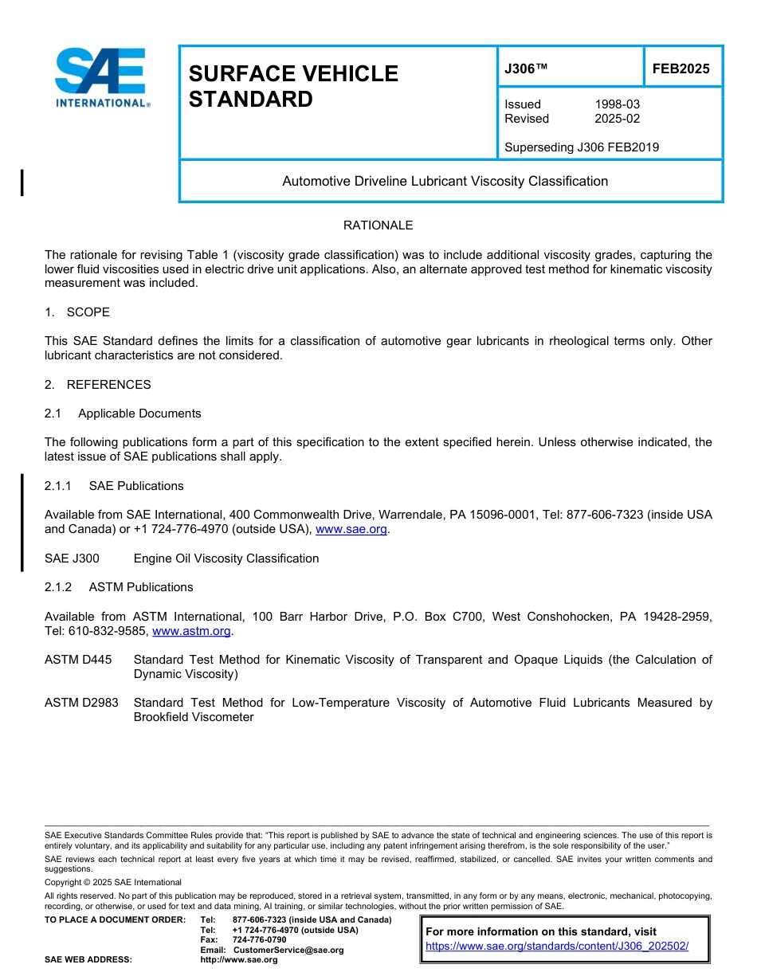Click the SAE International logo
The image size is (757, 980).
click(101, 78)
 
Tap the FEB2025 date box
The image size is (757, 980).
click(681, 69)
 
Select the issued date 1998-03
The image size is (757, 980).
click(617, 104)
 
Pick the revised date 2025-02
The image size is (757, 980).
click(617, 119)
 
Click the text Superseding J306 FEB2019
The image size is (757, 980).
click(582, 147)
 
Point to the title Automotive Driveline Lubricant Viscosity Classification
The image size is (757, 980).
click(445, 181)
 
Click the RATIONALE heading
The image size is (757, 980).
click(378, 225)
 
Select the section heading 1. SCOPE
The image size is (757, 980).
click(77, 312)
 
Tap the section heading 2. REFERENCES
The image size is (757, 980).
click(97, 384)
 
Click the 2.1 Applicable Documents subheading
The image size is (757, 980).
click(123, 414)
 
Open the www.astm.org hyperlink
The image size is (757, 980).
click(191, 631)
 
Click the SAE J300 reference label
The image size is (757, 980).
click(72, 559)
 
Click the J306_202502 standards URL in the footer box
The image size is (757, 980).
click(557, 947)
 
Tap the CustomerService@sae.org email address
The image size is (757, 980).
click(288, 950)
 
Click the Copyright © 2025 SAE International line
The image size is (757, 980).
click(113, 882)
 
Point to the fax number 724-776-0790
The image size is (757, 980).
click(259, 940)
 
